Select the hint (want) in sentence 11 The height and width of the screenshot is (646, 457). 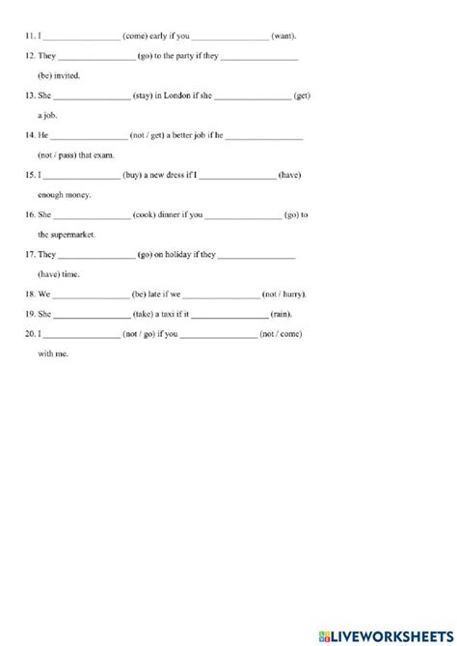tap(285, 36)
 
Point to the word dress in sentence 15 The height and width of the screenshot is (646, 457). tap(183, 176)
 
